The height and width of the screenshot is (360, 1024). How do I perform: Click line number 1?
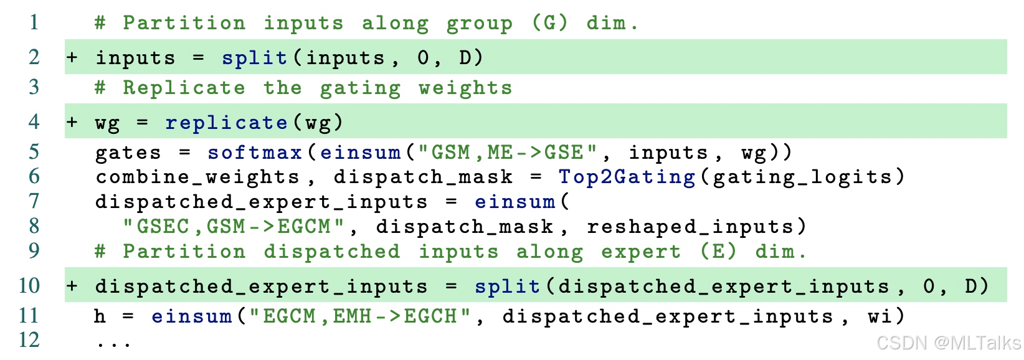coord(34,23)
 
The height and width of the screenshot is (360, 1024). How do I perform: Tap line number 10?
coord(29,286)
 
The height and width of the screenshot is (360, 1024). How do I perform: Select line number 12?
coord(29,340)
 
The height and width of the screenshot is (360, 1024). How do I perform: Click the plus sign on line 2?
coord(73,58)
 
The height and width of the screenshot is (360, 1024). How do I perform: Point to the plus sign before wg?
coord(73,122)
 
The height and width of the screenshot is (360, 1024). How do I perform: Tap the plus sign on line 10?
coord(73,286)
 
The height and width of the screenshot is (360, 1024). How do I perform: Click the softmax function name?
coord(255,153)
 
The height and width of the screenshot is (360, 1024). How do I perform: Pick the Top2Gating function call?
coord(627,177)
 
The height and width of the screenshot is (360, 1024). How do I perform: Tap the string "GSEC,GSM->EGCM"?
coord(234,226)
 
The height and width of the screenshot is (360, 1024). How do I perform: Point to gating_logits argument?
coord(802,177)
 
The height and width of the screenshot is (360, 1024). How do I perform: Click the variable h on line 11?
coord(100,316)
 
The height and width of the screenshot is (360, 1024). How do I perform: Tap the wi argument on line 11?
coord(879,316)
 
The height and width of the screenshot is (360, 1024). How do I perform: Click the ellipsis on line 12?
coord(114,343)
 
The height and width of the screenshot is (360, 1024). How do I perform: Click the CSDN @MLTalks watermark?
coord(948,343)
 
